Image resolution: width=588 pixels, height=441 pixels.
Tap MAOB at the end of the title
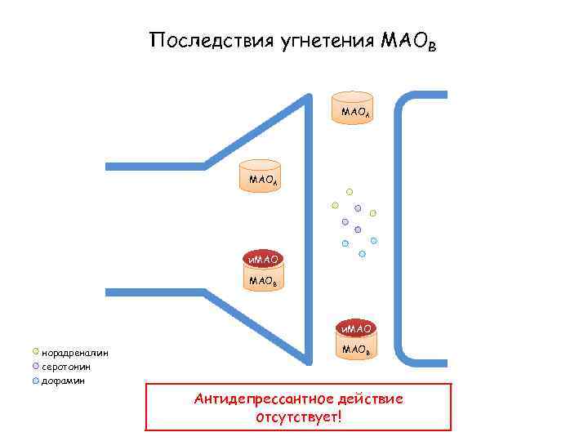click(x=408, y=41)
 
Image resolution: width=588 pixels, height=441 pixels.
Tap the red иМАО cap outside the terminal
click(x=356, y=328)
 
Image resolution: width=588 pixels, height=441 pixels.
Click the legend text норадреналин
click(x=75, y=353)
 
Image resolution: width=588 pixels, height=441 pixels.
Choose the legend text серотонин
click(x=66, y=367)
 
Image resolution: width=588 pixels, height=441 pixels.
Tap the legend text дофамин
click(x=63, y=381)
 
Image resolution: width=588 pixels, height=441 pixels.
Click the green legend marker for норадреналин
click(x=34, y=352)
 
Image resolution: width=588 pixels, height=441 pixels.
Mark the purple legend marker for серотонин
click(x=34, y=366)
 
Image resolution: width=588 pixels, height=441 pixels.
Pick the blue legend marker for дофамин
click(x=34, y=380)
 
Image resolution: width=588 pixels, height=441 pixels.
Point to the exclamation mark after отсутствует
click(x=338, y=417)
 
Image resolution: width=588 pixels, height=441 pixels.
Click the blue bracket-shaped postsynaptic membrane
click(x=399, y=229)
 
